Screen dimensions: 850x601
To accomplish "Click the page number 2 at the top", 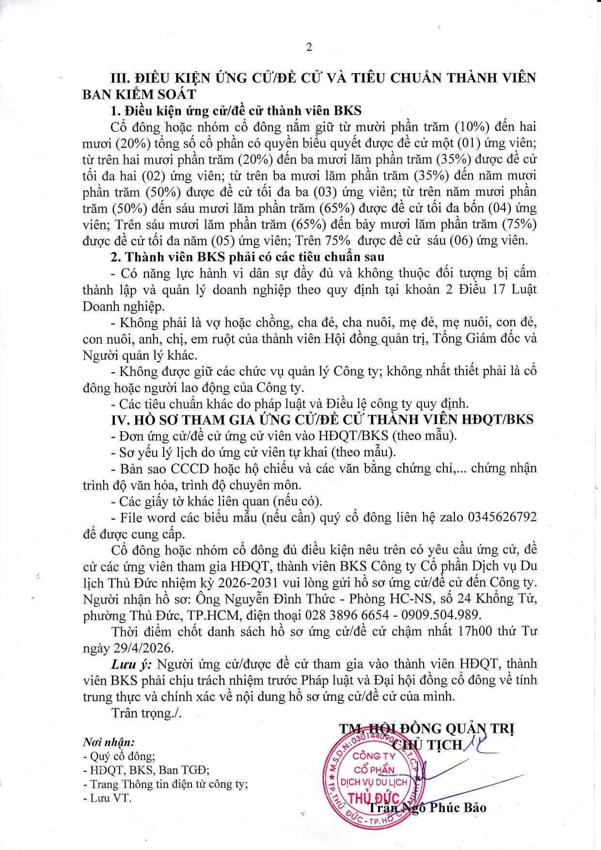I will point(309,47).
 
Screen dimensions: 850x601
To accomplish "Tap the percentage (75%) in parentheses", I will point(519,224).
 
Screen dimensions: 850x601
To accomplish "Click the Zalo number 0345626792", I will point(502,517).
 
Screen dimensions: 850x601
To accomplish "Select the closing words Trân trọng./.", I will point(146,713).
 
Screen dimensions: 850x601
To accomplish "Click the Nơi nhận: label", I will point(109,742).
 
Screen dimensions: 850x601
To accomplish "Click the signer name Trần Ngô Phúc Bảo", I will point(427,808).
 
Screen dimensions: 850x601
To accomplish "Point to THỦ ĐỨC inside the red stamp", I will point(374,798).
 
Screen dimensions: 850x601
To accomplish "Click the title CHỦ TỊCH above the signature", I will point(427,745).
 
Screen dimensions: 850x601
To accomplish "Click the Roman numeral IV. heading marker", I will point(121,420).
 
